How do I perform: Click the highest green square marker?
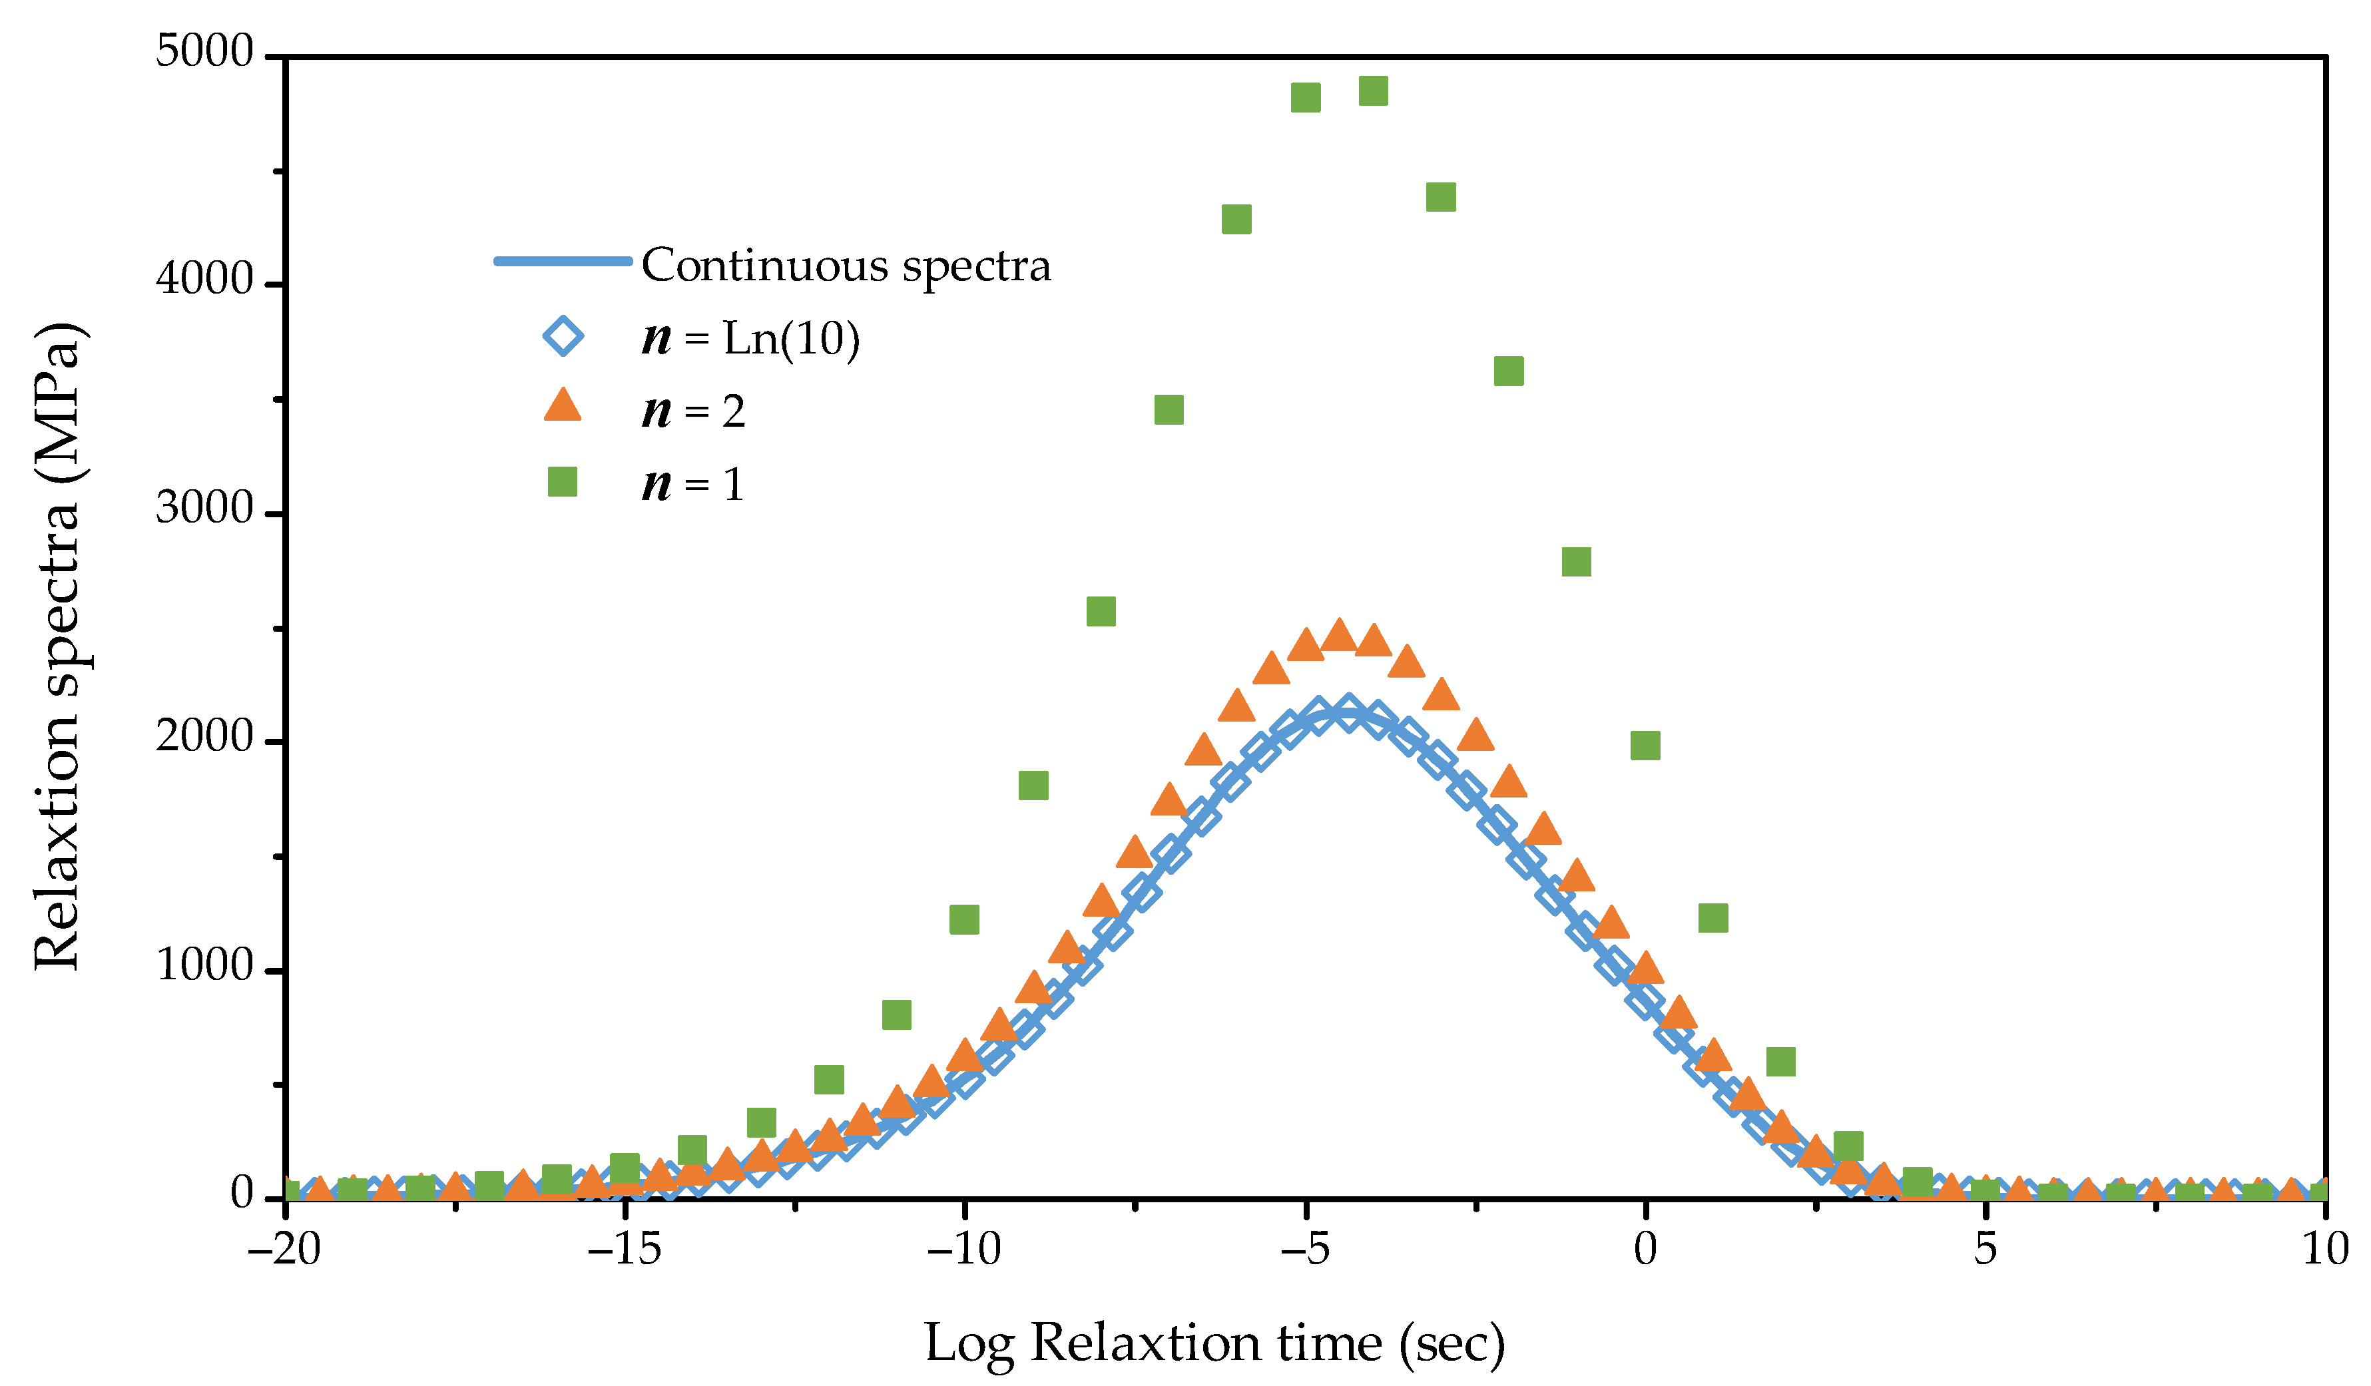click(1373, 91)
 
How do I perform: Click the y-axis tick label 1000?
click(205, 965)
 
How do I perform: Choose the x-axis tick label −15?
click(624, 1250)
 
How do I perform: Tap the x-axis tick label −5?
click(1304, 1250)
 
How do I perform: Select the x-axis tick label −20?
click(284, 1250)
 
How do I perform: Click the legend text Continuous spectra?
click(845, 266)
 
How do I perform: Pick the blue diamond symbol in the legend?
click(563, 337)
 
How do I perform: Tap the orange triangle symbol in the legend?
click(563, 407)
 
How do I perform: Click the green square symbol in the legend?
click(563, 483)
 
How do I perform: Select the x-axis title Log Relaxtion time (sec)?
click(1214, 1343)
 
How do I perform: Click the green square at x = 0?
click(1645, 745)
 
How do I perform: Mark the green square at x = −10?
click(963, 919)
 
